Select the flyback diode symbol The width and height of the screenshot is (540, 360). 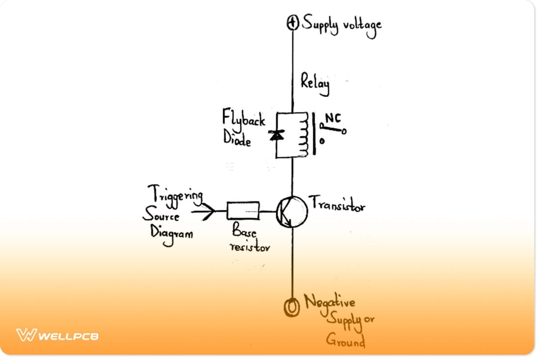click(276, 135)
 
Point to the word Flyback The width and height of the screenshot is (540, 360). click(243, 120)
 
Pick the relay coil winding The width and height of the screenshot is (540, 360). click(305, 135)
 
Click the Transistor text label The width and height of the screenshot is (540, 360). click(337, 205)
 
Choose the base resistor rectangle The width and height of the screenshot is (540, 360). click(243, 210)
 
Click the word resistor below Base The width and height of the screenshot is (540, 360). click(249, 247)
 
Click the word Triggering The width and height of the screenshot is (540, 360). click(175, 195)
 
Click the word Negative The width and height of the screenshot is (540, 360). click(330, 301)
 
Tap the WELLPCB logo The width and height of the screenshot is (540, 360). click(57, 335)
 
